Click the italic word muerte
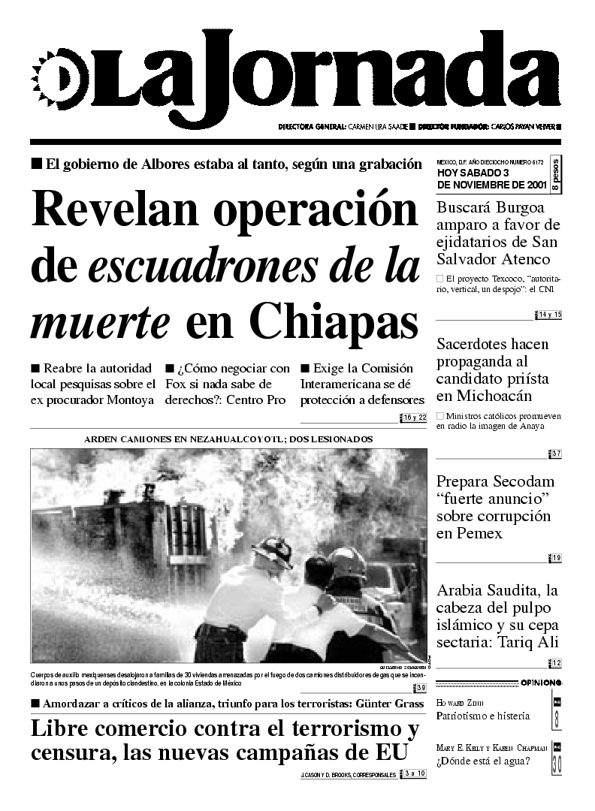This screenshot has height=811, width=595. click(100, 321)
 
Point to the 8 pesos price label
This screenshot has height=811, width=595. click(554, 176)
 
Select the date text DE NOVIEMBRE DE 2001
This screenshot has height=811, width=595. click(491, 185)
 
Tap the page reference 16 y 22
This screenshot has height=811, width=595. click(414, 418)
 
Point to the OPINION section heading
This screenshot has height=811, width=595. click(540, 682)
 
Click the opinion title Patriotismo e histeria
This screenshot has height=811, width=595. click(483, 716)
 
